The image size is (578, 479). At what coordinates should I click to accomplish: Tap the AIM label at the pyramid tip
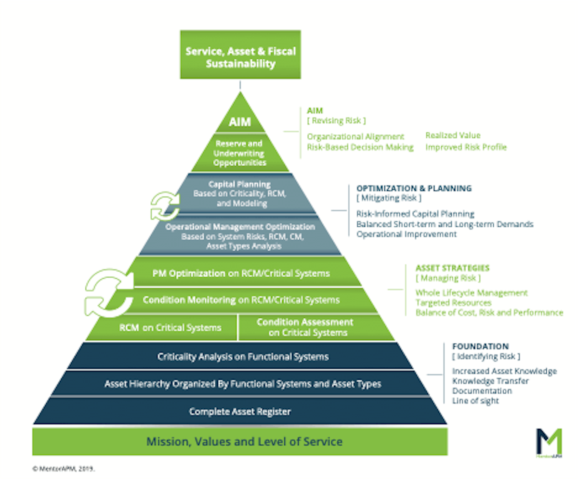click(x=240, y=121)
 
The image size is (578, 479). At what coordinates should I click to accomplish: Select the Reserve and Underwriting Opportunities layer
click(x=240, y=153)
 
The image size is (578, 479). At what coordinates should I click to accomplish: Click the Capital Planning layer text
click(x=239, y=194)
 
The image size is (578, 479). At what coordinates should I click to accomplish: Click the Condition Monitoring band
click(x=241, y=300)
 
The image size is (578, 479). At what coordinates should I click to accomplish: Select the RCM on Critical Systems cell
click(x=170, y=328)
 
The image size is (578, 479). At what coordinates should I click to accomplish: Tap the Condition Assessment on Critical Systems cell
click(x=304, y=327)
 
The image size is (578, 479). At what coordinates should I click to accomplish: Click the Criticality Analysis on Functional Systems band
click(x=243, y=357)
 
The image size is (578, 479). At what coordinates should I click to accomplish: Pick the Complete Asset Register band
click(x=240, y=412)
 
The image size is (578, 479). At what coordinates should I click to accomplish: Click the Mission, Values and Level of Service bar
click(x=245, y=441)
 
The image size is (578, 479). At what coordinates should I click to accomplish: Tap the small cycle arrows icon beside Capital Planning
click(x=164, y=206)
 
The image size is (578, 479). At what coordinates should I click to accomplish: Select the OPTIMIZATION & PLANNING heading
click(x=414, y=188)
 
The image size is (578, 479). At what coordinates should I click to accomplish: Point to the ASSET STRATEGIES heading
click(x=452, y=268)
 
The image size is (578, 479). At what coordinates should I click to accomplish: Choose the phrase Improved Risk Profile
click(x=466, y=147)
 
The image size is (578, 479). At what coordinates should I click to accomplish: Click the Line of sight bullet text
click(x=475, y=401)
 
